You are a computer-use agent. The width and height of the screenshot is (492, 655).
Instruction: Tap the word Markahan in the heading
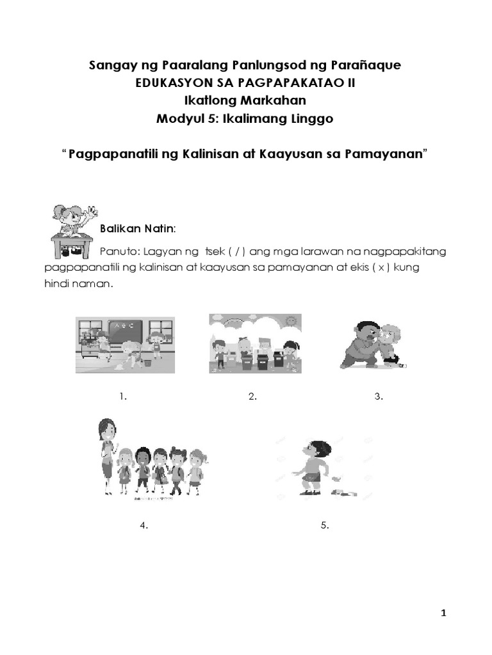(x=275, y=100)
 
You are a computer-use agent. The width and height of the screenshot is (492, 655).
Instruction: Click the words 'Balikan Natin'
(x=137, y=228)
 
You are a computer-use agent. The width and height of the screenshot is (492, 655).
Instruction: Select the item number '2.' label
(x=252, y=397)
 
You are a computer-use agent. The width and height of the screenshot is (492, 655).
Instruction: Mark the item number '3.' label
(x=379, y=397)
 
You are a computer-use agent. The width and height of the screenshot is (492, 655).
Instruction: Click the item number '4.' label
(x=144, y=526)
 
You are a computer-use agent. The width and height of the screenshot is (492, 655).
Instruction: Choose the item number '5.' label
(x=325, y=526)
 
